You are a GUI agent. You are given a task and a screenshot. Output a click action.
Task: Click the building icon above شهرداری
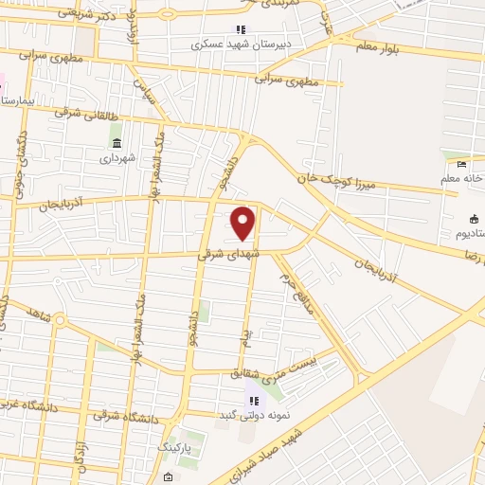117,143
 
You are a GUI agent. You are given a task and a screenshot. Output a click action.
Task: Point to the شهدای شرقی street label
219,254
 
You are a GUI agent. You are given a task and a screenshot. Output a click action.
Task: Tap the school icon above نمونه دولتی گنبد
254,401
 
